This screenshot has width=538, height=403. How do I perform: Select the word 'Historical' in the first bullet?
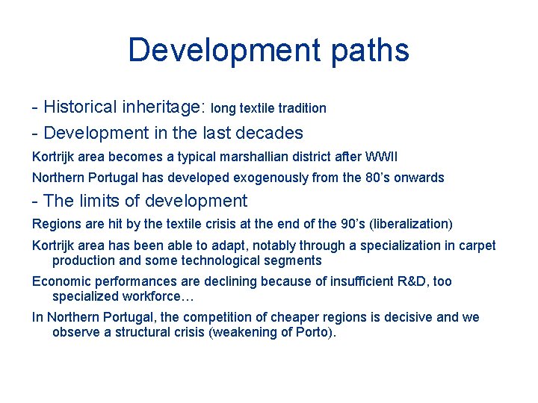tap(80, 107)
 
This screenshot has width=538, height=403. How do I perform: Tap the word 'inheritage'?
tap(162, 107)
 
